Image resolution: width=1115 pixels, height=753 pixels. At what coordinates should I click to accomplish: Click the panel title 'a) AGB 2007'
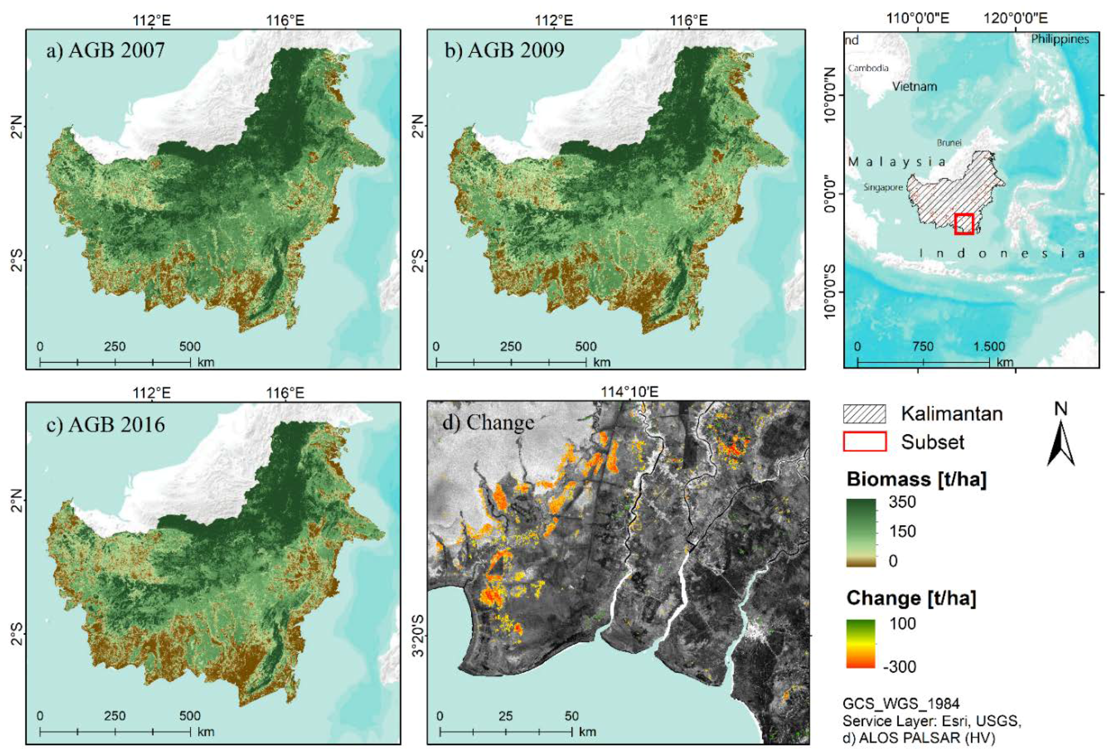click(105, 50)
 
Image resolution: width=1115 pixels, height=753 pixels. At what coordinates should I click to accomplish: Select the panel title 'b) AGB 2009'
click(504, 50)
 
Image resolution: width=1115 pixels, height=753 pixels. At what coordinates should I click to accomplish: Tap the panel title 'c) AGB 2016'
click(105, 424)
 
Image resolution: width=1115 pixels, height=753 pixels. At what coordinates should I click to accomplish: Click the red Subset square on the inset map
click(963, 224)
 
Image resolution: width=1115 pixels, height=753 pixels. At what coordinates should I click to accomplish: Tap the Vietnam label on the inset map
click(914, 86)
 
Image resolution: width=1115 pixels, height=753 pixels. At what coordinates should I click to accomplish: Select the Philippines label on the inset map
click(1060, 39)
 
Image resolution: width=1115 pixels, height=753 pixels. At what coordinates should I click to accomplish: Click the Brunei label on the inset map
click(949, 142)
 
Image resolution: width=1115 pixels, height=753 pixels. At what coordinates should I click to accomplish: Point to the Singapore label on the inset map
click(883, 187)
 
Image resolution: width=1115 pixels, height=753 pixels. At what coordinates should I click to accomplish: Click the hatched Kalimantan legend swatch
click(865, 414)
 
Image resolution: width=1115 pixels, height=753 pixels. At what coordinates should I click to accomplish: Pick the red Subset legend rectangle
click(865, 442)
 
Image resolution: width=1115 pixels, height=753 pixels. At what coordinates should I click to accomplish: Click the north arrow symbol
click(1060, 442)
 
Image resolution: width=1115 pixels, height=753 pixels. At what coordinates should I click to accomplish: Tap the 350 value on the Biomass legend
click(903, 502)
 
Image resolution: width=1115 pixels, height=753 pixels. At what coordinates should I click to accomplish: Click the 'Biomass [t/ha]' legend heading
click(916, 479)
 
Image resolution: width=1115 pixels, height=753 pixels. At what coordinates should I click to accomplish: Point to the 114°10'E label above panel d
click(630, 392)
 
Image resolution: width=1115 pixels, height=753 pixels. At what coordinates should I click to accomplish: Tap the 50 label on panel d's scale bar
click(571, 716)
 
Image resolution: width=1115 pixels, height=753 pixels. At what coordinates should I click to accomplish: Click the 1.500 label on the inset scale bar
click(989, 347)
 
